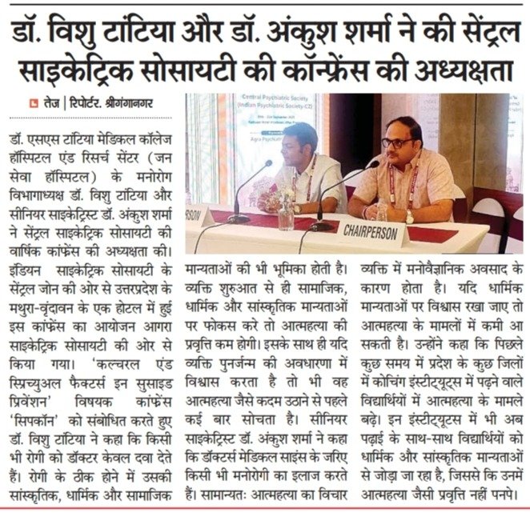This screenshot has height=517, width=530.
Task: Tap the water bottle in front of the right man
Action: coord(382,210)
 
